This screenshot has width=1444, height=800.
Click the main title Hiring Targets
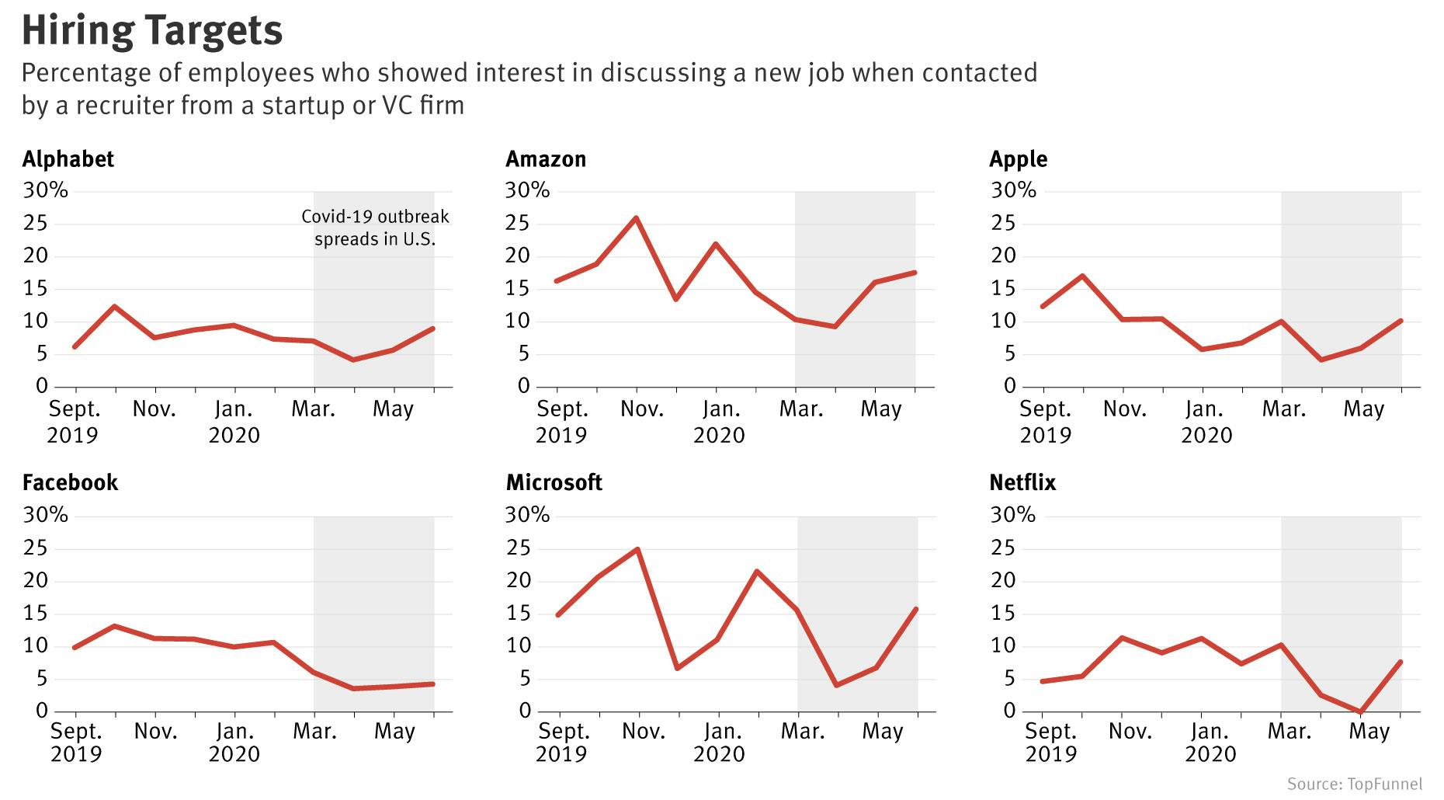[x=152, y=31]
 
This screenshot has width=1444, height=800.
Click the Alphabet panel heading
[x=68, y=159]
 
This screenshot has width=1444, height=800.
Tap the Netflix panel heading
[x=1022, y=483]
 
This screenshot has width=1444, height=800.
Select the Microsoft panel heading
[x=554, y=483]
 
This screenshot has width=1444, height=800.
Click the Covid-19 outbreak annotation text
[x=375, y=228]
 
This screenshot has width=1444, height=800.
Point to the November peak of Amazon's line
[x=637, y=218]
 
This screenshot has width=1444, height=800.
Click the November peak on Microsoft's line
[x=637, y=550]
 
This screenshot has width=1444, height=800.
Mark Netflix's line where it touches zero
[x=1360, y=711]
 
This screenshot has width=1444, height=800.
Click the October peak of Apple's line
[x=1082, y=277]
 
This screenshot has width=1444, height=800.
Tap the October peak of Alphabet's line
[x=115, y=307]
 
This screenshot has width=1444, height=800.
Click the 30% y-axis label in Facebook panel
[x=45, y=515]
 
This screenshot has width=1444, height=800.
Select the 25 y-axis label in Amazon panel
[x=517, y=224]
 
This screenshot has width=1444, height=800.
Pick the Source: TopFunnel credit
[x=1354, y=784]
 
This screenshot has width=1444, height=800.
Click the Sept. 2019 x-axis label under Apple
[x=1045, y=422]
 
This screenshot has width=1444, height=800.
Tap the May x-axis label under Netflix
[x=1369, y=732]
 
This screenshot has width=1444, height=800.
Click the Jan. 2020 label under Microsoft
[x=720, y=743]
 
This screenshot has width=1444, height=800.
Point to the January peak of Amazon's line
[x=715, y=245]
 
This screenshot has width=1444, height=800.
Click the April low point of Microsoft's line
[x=836, y=685]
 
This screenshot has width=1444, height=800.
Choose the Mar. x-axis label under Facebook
[x=314, y=732]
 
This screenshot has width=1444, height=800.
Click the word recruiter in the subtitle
[x=124, y=106]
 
